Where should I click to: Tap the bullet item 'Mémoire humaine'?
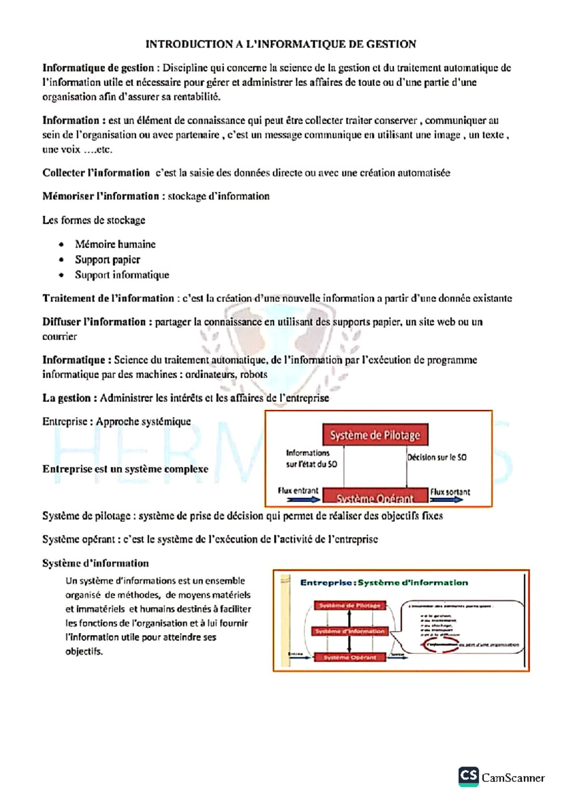115,244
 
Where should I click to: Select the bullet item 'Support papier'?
107,260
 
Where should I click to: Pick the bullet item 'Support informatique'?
122,275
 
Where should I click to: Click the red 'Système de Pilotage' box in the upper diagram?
375,435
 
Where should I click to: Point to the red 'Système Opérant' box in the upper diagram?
375,497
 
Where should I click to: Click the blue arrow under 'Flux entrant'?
303,500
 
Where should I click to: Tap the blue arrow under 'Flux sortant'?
446,500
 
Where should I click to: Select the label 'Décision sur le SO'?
436,457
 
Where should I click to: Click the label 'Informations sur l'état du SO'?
311,458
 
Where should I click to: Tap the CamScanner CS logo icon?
468,776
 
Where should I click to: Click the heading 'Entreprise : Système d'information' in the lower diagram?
384,583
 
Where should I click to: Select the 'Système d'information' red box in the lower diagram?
349,631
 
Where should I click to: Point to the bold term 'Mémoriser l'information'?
101,196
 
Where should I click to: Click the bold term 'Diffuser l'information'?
94,322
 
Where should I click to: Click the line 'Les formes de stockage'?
94,220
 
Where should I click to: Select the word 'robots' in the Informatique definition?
253,375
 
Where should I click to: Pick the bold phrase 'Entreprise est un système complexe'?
125,469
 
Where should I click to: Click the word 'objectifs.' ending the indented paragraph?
84,651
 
